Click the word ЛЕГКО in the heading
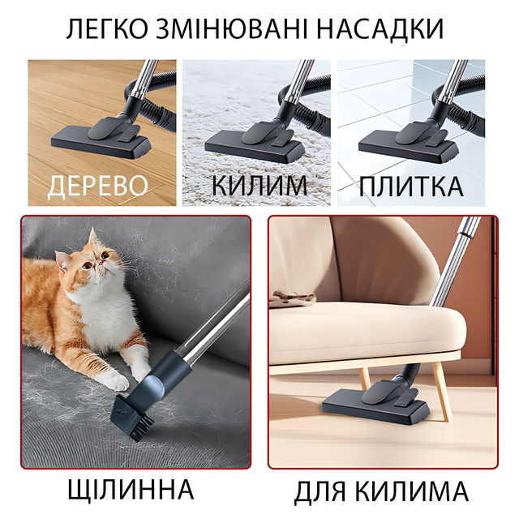(x=106, y=29)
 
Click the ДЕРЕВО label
(x=97, y=187)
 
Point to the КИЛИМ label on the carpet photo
(x=259, y=186)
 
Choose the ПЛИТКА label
(x=411, y=187)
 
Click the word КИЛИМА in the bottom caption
(x=412, y=491)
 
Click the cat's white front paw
(x=116, y=380)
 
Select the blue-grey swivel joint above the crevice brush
(x=152, y=387)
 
